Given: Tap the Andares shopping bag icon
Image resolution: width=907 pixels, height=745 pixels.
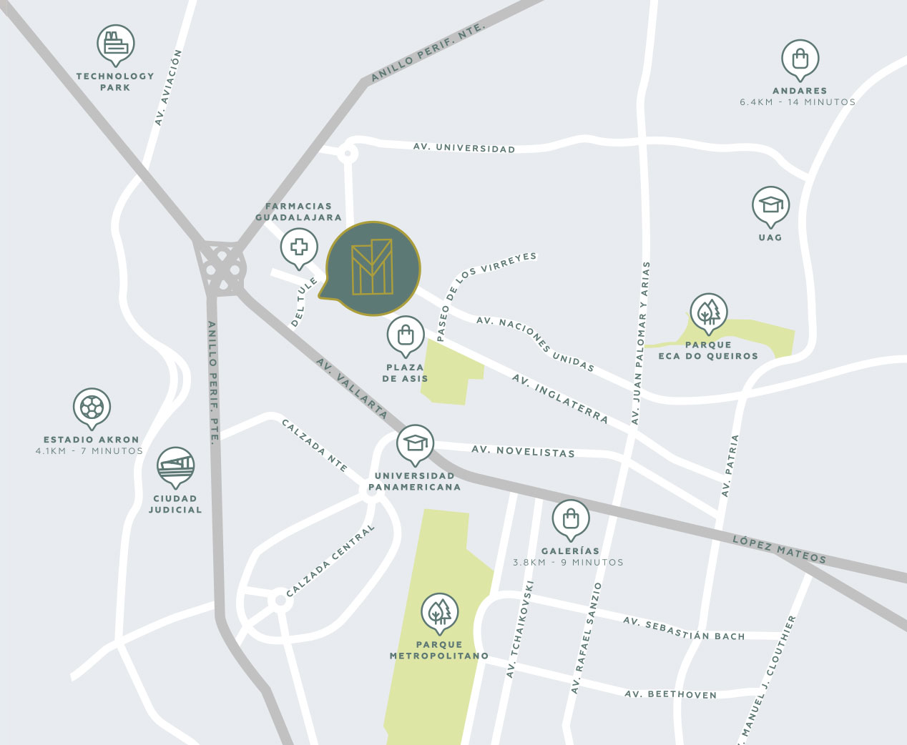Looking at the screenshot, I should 800,59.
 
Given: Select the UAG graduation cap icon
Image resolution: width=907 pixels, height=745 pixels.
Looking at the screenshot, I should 770,205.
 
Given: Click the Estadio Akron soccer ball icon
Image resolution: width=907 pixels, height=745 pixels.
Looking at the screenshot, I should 92,408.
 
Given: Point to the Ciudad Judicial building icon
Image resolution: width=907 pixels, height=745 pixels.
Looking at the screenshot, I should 175,466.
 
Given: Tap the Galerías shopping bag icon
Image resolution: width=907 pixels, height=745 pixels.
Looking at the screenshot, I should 571,518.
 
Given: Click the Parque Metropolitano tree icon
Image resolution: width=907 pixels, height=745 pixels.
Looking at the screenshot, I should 439,611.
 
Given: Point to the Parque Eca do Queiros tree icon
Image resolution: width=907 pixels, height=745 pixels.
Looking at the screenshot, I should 708,312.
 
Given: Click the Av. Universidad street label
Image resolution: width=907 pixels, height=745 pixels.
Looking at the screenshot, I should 464,148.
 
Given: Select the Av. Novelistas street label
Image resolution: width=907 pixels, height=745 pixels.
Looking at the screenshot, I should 523,451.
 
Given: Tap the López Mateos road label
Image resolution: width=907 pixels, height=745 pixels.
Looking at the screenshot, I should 779,549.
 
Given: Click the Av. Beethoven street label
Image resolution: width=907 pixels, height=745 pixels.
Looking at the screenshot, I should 670,694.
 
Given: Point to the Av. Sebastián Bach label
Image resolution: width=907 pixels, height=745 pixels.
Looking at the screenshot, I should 684,629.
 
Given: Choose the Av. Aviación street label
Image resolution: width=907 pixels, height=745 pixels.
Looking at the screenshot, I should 169,87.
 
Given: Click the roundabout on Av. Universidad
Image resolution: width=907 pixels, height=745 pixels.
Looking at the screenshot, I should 348,152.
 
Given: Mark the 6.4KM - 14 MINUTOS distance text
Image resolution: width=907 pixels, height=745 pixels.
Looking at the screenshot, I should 798,102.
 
